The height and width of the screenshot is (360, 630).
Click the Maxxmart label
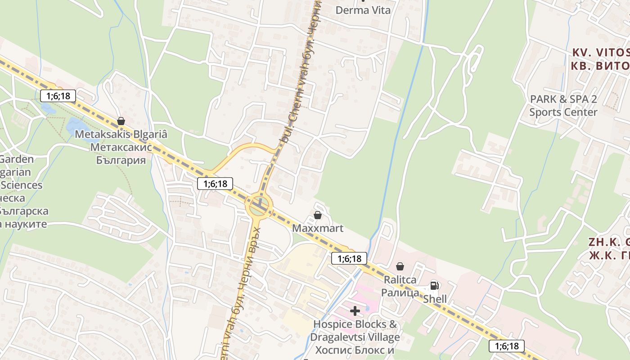(x=318, y=228)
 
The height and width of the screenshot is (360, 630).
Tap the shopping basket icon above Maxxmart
(x=318, y=215)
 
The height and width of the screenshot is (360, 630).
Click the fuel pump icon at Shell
(x=434, y=285)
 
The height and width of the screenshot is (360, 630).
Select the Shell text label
(x=435, y=299)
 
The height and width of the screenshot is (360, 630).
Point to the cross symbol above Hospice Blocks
(x=355, y=310)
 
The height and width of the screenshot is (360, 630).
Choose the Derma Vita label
(x=363, y=10)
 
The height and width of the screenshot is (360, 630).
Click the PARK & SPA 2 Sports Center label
(x=563, y=105)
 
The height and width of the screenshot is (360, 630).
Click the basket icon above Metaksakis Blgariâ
(x=121, y=121)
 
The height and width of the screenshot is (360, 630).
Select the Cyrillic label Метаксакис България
(x=121, y=154)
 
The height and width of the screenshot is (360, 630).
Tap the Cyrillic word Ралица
(x=400, y=292)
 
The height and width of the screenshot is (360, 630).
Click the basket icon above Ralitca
(x=400, y=266)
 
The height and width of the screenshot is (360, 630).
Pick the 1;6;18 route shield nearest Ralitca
(x=349, y=258)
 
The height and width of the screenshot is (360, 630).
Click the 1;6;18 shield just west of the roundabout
(x=215, y=183)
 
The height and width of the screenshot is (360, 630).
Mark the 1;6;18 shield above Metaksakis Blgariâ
(x=58, y=96)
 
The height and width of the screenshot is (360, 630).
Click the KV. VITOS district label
(x=601, y=52)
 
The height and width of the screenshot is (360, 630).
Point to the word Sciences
(x=21, y=185)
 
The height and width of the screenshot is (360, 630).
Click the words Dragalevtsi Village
(x=355, y=337)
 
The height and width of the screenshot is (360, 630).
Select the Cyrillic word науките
(x=25, y=224)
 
